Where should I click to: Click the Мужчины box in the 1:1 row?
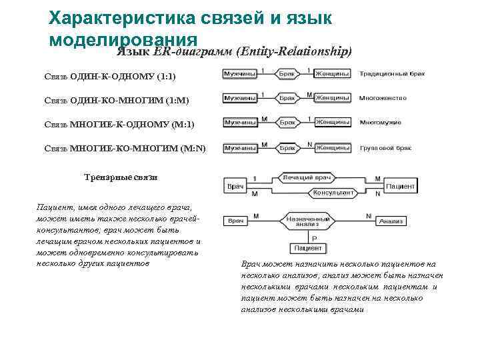tap(240, 73)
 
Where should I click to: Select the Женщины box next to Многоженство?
tap(332, 98)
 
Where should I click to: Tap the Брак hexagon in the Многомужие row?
tap(287, 123)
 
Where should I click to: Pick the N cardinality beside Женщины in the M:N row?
tap(309, 143)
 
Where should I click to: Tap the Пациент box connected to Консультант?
tap(401, 186)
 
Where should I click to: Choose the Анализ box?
tap(395, 221)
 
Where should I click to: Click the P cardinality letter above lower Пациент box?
tap(314, 238)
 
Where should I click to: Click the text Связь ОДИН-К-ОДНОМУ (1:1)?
tap(110, 77)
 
